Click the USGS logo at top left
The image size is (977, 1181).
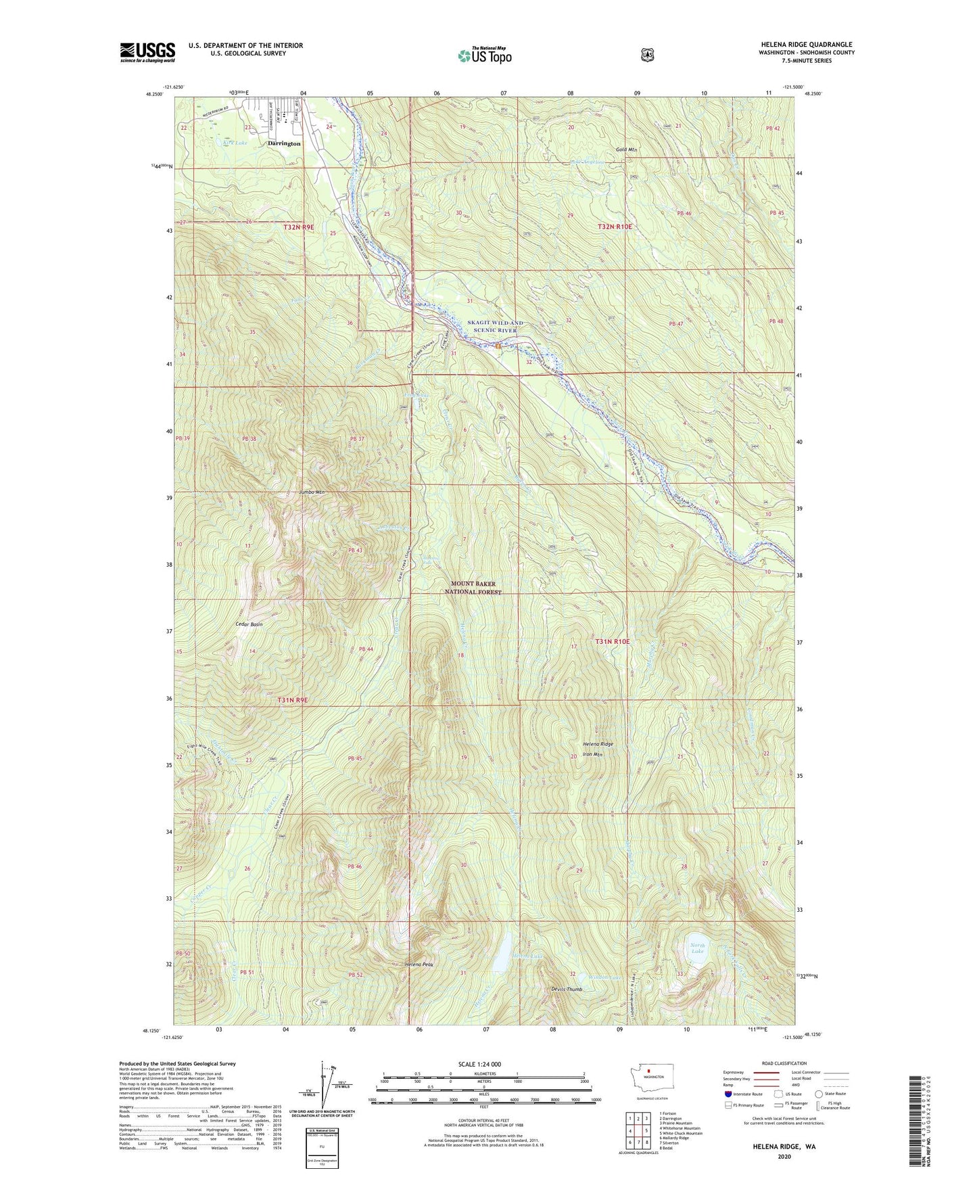(x=147, y=52)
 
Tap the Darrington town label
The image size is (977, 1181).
(x=284, y=144)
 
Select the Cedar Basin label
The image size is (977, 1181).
(x=249, y=624)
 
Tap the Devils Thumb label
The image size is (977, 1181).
(x=566, y=989)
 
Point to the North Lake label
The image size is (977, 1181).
(x=697, y=948)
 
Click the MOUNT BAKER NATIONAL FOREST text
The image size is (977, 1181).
(x=473, y=587)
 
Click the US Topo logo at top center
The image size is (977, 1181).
(x=484, y=55)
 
